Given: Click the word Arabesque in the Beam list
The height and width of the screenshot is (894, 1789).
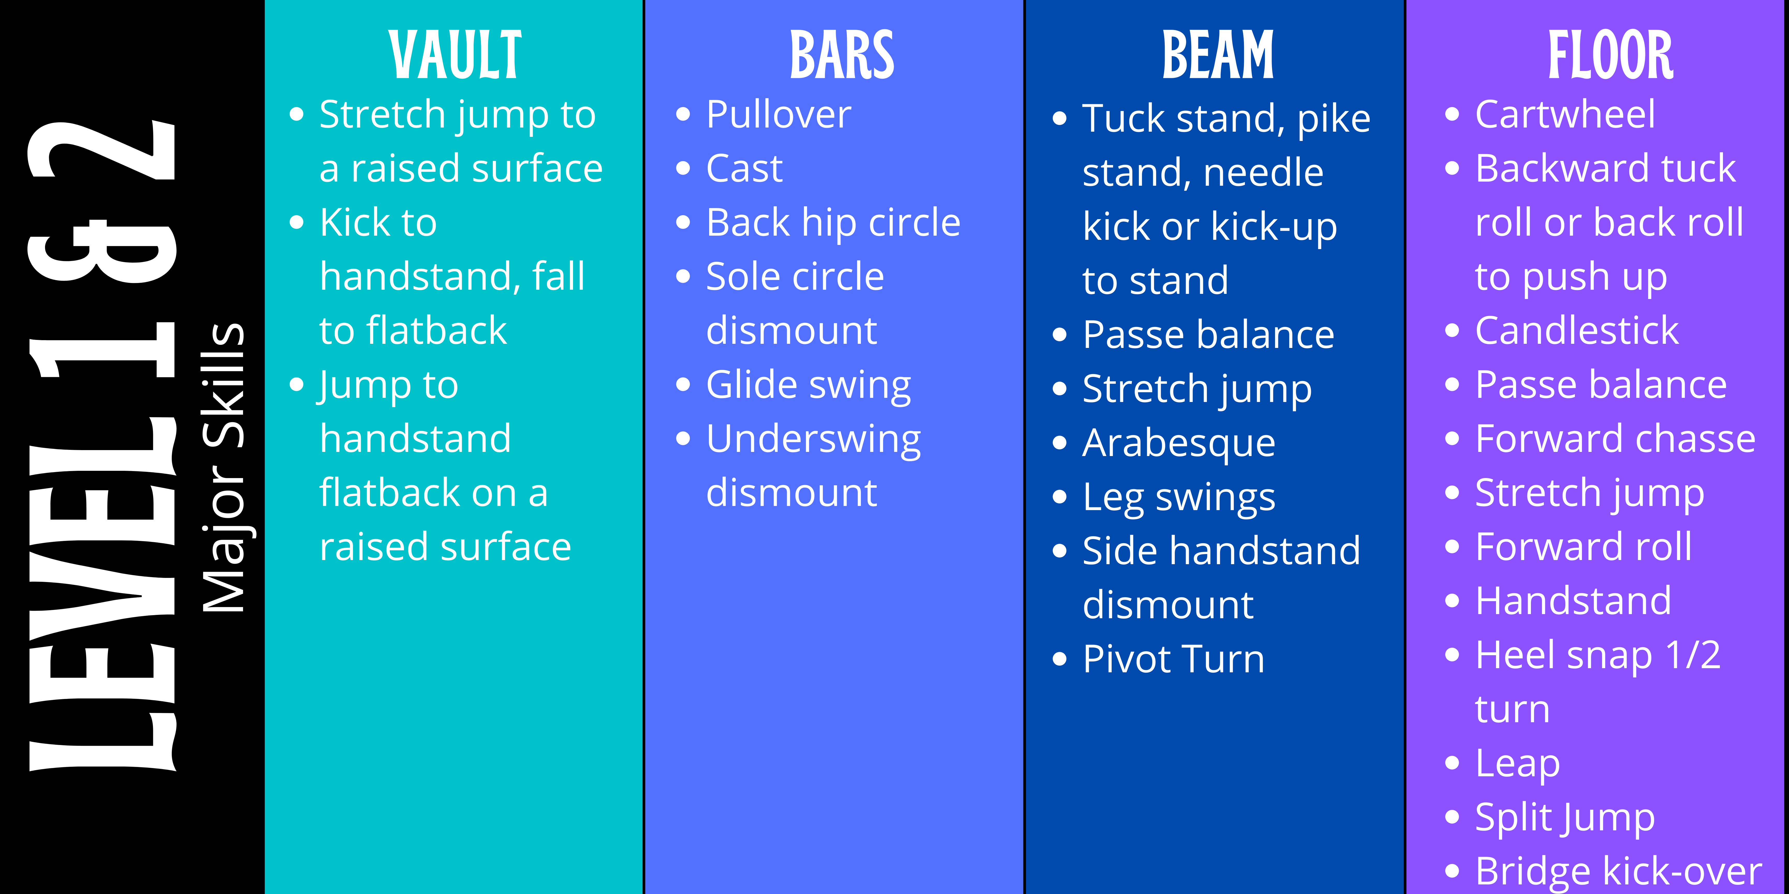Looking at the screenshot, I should pos(1178,443).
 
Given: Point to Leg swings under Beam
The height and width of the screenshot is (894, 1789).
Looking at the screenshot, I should pos(1178,497).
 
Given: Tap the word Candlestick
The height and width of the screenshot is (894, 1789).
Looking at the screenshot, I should pos(1577,330).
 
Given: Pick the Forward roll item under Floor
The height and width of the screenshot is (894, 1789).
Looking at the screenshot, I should pos(1583,547).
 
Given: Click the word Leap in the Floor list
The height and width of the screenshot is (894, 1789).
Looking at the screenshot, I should pos(1517,764).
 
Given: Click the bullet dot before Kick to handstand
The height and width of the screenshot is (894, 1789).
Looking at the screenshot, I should pos(297,222).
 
